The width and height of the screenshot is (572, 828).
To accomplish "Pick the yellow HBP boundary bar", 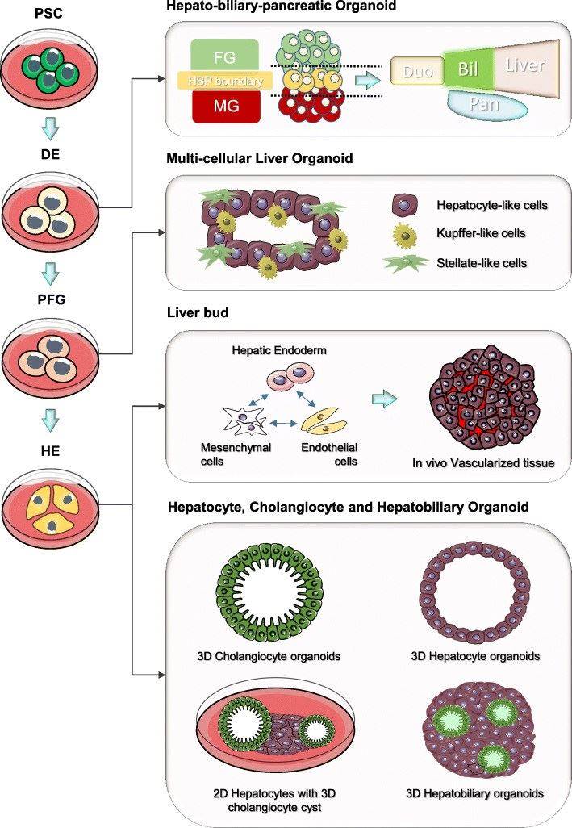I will pyautogui.click(x=224, y=81).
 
